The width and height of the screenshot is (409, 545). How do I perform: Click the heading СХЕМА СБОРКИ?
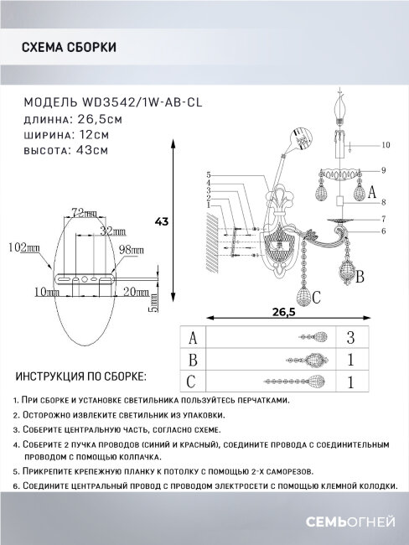pyautogui.click(x=68, y=49)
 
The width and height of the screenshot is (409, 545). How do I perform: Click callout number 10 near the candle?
pyautogui.click(x=386, y=146)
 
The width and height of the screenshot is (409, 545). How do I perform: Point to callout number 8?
pyautogui.click(x=381, y=203)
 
